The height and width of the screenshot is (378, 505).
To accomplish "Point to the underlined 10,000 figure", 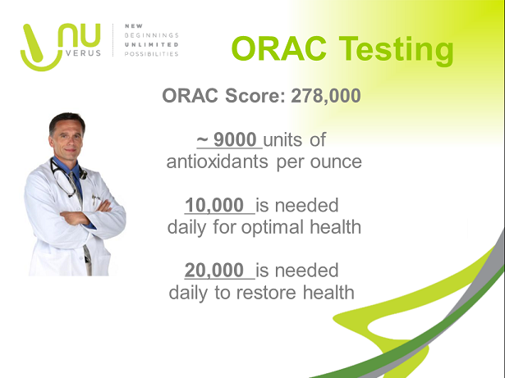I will click(213, 204).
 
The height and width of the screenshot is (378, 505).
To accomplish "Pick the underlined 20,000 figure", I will click(213, 270).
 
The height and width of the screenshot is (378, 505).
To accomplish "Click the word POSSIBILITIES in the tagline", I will click(150, 54).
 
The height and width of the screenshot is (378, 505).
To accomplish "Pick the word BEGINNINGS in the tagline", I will click(150, 36).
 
